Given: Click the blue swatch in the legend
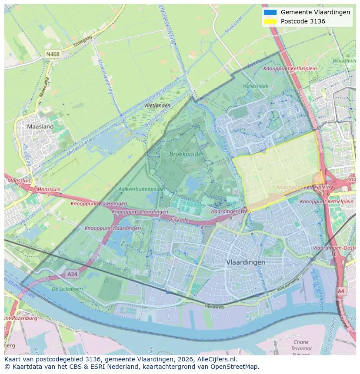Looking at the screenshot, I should pyautogui.click(x=270, y=12).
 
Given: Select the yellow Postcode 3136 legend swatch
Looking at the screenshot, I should pyautogui.click(x=270, y=21).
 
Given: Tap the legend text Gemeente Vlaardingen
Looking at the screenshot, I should pyautogui.click(x=315, y=12).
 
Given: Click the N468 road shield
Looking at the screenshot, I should pyautogui.click(x=53, y=54).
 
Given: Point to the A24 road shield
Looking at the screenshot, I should pyautogui.click(x=72, y=274).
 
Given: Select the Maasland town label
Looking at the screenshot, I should pyautogui.click(x=40, y=126).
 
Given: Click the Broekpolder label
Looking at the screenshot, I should pyautogui.click(x=187, y=154).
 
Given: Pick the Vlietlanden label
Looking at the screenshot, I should pyautogui.click(x=157, y=106).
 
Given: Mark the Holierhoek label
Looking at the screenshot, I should pyautogui.click(x=256, y=86).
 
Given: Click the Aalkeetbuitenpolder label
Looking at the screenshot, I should pyautogui.click(x=142, y=189).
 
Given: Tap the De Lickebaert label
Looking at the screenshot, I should pyautogui.click(x=67, y=288).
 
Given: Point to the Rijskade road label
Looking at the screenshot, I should pyautogui.click(x=179, y=220).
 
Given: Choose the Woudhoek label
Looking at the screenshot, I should pyautogui.click(x=344, y=61).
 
